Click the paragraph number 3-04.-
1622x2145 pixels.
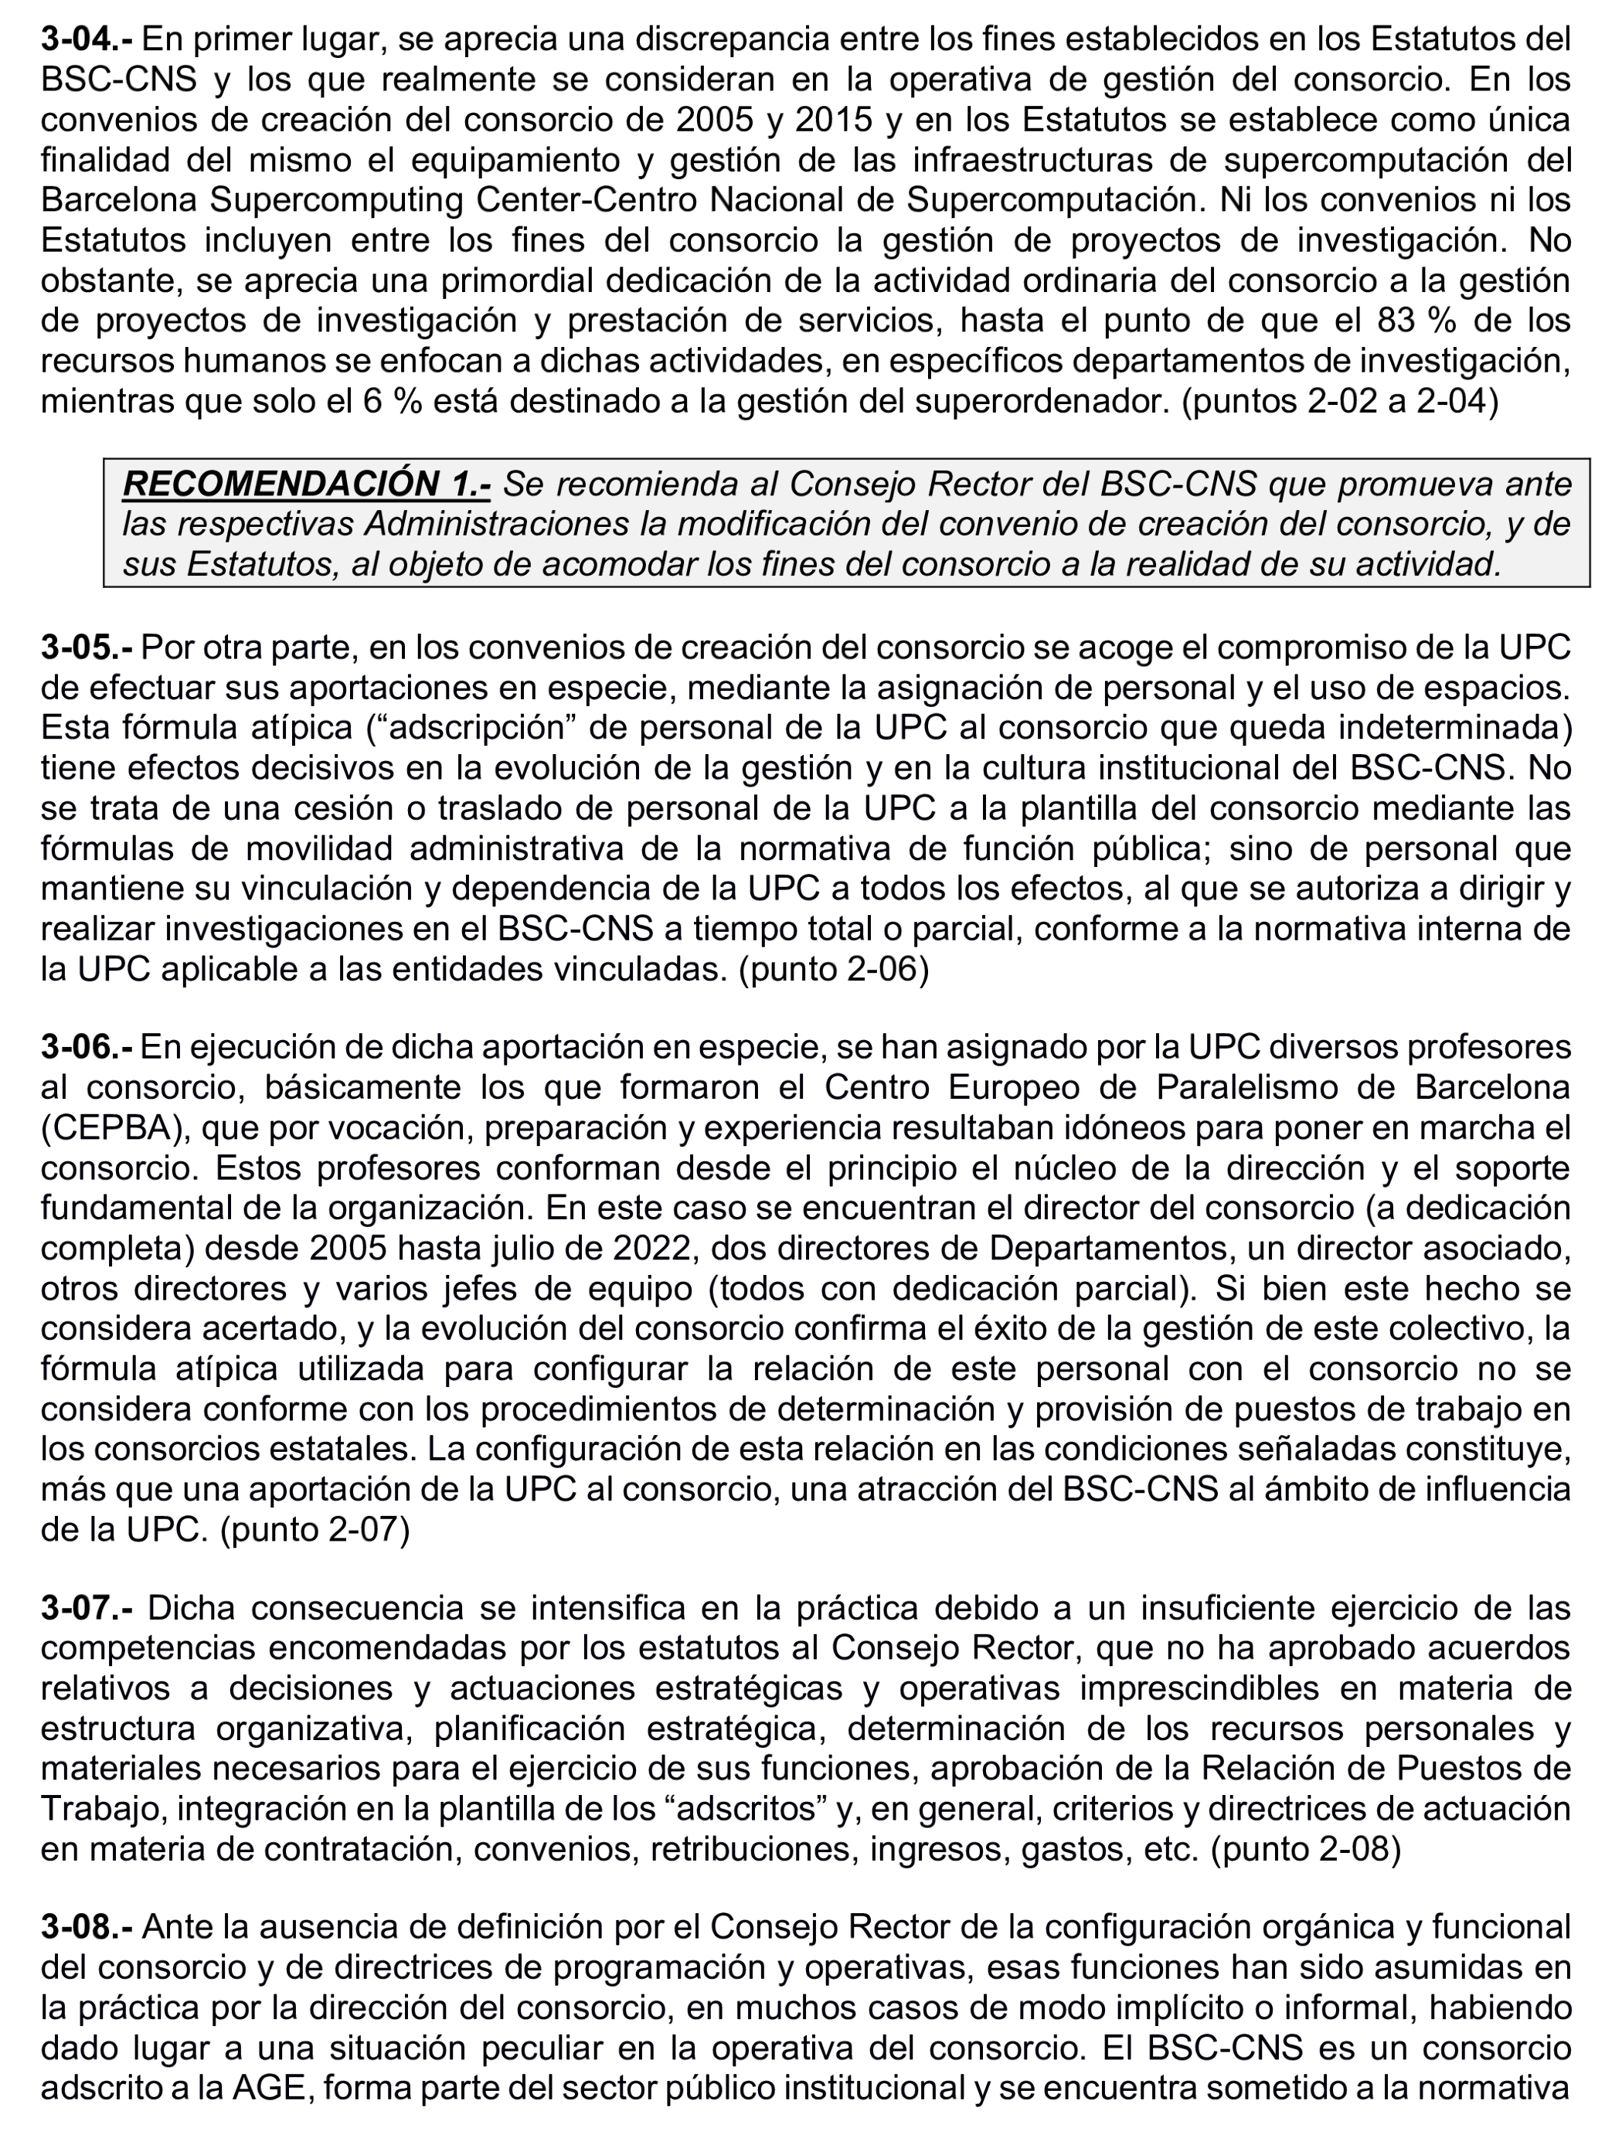[x=87, y=39]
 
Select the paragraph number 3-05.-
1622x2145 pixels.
[x=87, y=647]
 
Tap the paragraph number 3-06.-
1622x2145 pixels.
[x=87, y=1047]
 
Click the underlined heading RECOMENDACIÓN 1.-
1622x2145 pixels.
[x=306, y=483]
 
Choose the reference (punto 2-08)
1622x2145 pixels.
[x=1306, y=1850]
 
